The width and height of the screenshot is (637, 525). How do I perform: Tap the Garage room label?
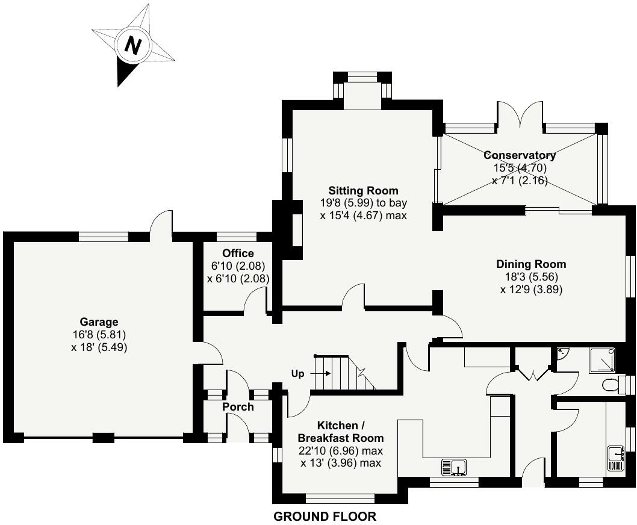(x=99, y=322)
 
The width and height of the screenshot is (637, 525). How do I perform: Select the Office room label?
(x=238, y=253)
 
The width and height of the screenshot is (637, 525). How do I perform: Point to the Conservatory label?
(x=520, y=155)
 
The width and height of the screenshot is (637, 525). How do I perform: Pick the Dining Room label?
(x=531, y=264)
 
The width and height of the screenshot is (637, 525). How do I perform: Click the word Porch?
(x=238, y=407)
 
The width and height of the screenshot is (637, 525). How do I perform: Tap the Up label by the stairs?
(x=298, y=374)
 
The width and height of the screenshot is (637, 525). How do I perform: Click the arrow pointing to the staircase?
(x=320, y=373)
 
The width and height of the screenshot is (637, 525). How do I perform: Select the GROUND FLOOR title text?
(x=325, y=517)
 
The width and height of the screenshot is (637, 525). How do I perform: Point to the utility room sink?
(x=615, y=458)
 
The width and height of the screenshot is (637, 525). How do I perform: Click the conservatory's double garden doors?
(x=520, y=114)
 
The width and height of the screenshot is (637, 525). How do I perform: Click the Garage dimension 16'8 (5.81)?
(x=99, y=335)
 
